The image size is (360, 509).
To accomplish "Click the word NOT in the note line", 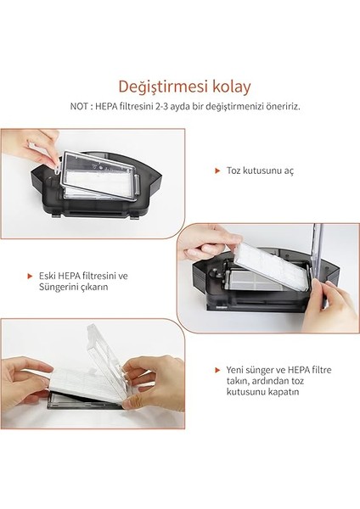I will click(x=81, y=107).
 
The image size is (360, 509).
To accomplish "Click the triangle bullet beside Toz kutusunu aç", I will click(x=217, y=171).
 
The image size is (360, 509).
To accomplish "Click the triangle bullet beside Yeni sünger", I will click(x=217, y=370).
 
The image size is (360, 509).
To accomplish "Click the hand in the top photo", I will click(x=30, y=144).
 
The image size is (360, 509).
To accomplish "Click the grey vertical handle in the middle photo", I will click(x=316, y=255).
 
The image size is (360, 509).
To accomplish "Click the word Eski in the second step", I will click(x=48, y=276).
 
